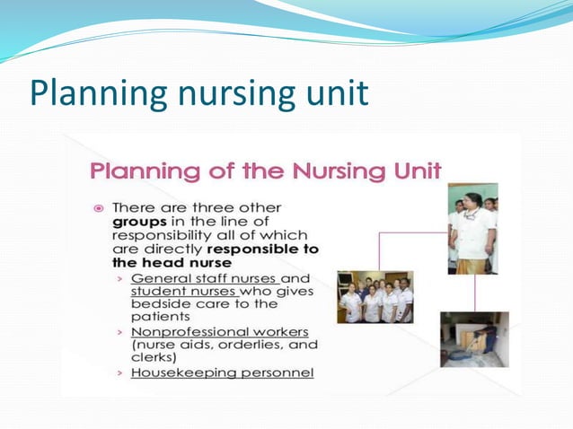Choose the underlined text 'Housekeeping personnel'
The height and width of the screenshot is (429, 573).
coord(222,372)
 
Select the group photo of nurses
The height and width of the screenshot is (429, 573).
coord(375,296)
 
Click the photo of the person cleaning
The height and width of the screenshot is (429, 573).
coord(474,338)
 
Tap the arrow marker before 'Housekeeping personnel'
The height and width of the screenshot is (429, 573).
coord(119,372)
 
